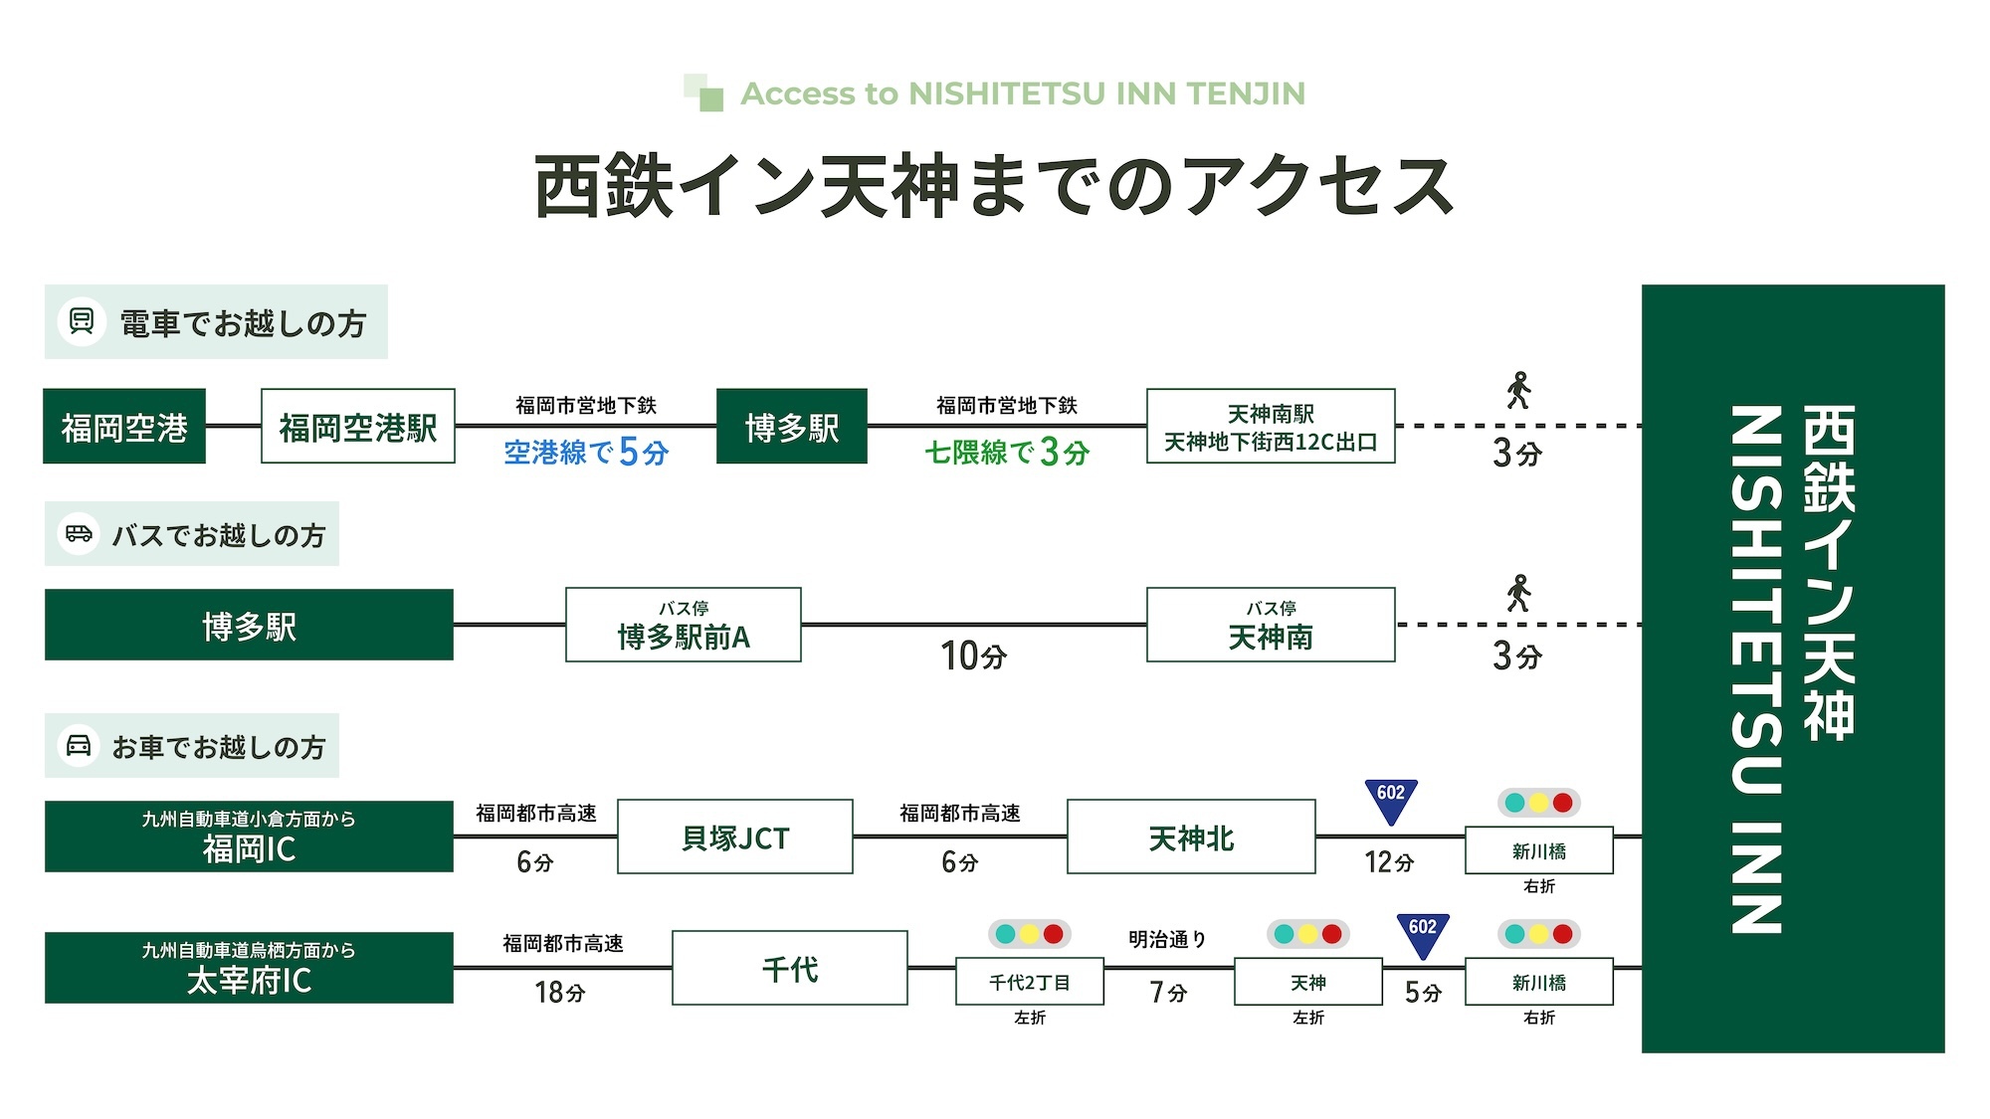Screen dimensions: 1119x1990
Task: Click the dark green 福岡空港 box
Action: (x=124, y=427)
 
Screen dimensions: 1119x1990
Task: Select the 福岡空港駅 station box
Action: (x=358, y=427)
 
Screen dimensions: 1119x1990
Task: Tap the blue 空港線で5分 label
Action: (x=586, y=453)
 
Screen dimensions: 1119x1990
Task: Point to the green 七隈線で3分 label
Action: (x=1007, y=453)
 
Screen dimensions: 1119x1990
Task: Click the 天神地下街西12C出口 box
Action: (x=1271, y=427)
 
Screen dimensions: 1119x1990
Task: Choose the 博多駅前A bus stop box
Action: (x=684, y=626)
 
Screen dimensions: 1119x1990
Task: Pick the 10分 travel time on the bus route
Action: (x=974, y=656)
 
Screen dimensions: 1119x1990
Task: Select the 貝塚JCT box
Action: (x=735, y=838)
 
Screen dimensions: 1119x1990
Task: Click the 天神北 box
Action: (x=1191, y=838)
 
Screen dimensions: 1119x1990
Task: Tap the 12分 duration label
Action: (x=1389, y=862)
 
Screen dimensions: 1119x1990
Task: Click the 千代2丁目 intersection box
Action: (x=1030, y=983)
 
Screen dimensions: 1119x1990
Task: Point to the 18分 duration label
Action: (x=560, y=992)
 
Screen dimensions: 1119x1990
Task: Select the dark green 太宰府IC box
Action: (x=249, y=968)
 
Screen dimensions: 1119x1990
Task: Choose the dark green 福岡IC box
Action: (x=249, y=838)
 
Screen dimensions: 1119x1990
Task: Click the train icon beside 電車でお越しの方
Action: (x=82, y=321)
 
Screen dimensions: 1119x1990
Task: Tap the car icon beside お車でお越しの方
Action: (x=79, y=745)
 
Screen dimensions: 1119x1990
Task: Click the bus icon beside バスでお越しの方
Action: (x=79, y=534)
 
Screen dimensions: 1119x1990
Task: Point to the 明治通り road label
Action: (x=1168, y=940)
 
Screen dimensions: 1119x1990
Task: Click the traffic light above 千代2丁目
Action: (x=1030, y=934)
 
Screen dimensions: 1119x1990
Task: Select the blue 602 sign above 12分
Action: (x=1391, y=799)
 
